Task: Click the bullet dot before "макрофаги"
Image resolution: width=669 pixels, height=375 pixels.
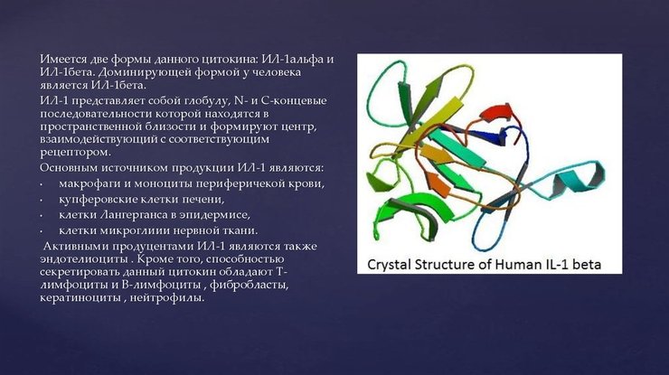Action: pyautogui.click(x=41, y=185)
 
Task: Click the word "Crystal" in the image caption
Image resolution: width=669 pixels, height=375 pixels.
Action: pyautogui.click(x=391, y=265)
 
